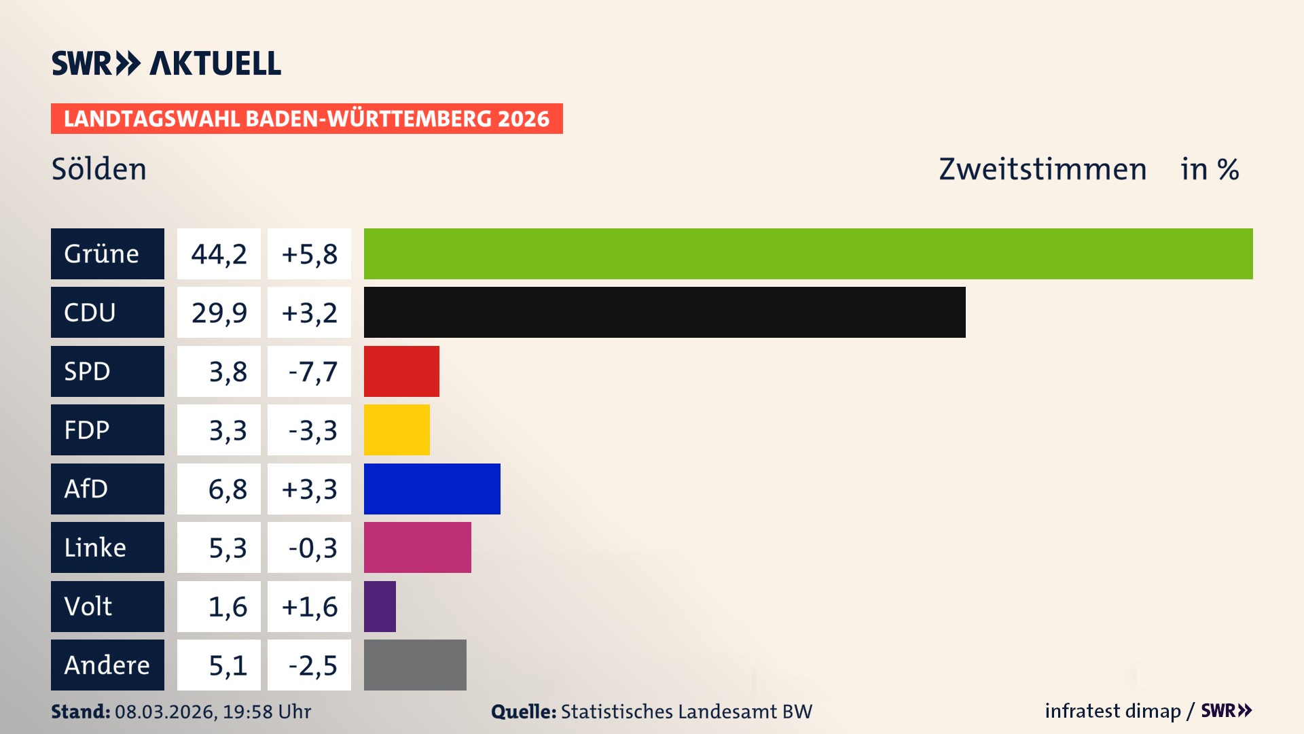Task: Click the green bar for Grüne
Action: pos(808,254)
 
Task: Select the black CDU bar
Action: pos(664,312)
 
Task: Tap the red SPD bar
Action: pos(401,371)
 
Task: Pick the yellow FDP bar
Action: pos(397,430)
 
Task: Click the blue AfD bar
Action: pos(432,489)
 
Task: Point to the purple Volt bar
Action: pos(380,606)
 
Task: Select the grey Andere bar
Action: pos(415,665)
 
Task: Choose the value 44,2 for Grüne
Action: pos(219,254)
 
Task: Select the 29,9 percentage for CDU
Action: pos(219,312)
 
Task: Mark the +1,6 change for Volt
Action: pos(310,606)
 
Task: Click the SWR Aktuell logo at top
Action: pos(166,63)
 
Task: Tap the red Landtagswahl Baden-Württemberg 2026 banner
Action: pos(306,118)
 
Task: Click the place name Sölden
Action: pos(99,169)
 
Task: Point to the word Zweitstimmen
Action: pos(1043,169)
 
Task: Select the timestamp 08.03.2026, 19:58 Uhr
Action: pos(213,712)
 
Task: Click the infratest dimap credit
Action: pos(1112,711)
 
